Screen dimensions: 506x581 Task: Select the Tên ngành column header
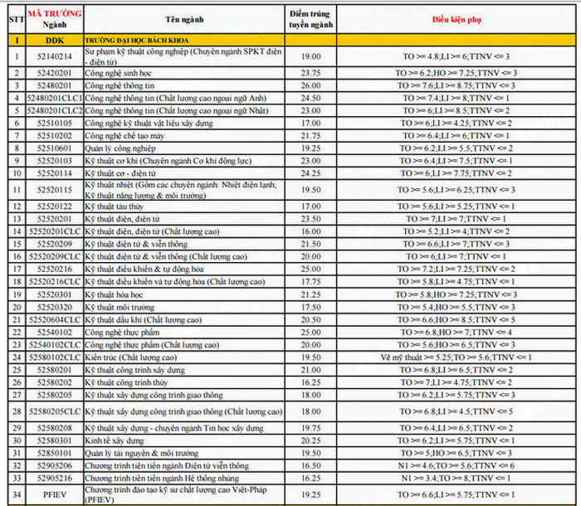coord(184,18)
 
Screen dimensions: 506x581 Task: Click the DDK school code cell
coord(54,40)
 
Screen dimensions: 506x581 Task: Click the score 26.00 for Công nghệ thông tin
coord(311,85)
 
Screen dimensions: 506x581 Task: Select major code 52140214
coord(54,56)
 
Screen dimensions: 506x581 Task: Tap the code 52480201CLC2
coord(54,110)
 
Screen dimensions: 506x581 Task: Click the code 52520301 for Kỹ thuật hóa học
coord(54,294)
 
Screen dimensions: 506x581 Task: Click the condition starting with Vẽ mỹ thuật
coord(456,357)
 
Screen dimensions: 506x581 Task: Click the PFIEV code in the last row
coord(54,494)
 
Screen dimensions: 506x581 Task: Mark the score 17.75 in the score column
coord(311,282)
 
